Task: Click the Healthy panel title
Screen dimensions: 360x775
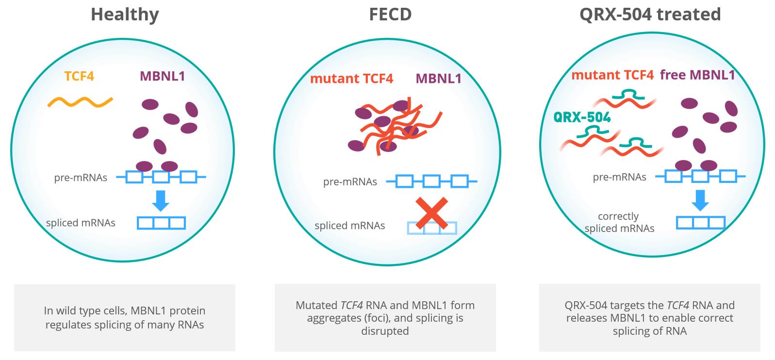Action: (x=125, y=14)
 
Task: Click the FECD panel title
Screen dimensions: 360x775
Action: (x=390, y=14)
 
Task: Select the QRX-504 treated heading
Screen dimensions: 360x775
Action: (x=650, y=14)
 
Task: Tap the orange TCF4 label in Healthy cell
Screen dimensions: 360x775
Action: (x=79, y=76)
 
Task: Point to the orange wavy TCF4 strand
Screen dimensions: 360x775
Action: (x=80, y=102)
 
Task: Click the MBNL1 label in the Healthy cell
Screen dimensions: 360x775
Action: (x=162, y=76)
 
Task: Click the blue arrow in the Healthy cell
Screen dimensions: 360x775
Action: (x=160, y=200)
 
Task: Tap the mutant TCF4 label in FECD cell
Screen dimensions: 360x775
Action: (x=351, y=78)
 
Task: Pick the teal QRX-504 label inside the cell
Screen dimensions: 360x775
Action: (x=582, y=117)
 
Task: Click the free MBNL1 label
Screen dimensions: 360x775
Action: (x=697, y=75)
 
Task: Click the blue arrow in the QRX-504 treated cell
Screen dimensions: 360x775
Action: (x=700, y=200)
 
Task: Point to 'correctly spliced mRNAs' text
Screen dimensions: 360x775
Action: (x=619, y=222)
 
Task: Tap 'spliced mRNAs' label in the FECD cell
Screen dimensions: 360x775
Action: (x=349, y=226)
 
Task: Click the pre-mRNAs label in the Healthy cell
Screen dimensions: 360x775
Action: (x=81, y=178)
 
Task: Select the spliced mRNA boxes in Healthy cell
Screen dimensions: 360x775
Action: (x=161, y=223)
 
